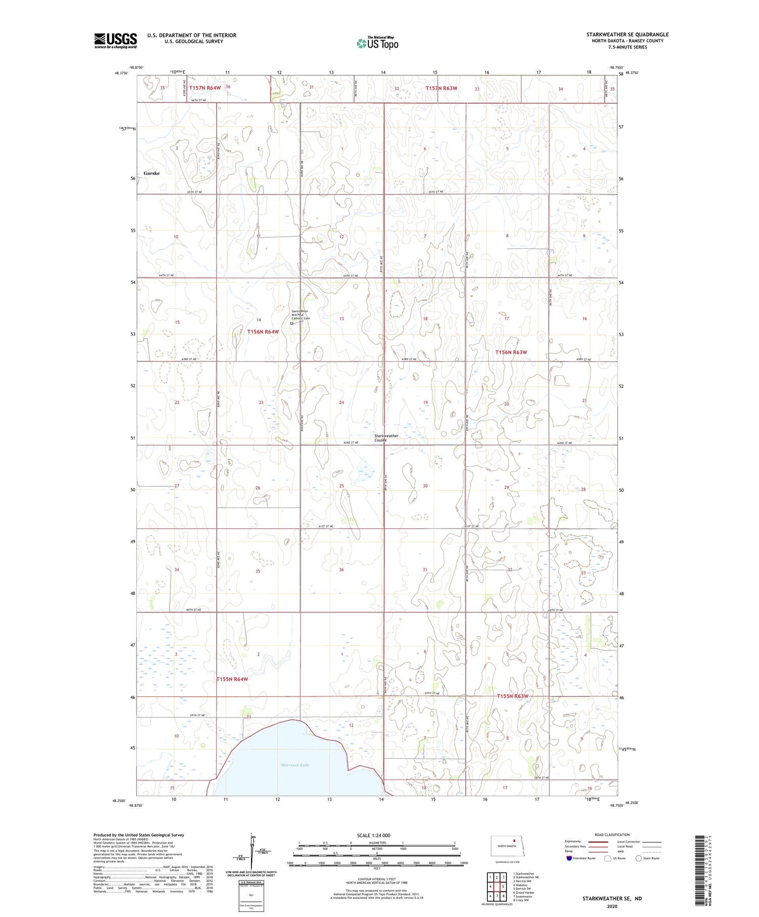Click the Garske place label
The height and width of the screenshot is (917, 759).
point(151,173)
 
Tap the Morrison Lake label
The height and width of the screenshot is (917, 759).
point(295,765)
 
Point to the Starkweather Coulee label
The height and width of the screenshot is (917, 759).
point(386,438)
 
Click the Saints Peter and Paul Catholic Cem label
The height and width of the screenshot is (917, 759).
point(301,315)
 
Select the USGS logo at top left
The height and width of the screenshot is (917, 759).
point(115,40)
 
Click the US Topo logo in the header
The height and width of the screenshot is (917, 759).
point(377,43)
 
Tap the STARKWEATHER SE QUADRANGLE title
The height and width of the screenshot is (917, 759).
point(627,34)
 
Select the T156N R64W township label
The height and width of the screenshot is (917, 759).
point(263,332)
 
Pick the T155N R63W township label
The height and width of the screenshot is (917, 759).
point(512,696)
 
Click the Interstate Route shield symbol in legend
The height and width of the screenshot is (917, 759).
point(569,858)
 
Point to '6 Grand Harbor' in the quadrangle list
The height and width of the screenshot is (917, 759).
point(524,893)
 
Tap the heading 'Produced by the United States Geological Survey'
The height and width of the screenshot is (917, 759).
point(139,835)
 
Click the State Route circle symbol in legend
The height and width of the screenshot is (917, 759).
point(639,858)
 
